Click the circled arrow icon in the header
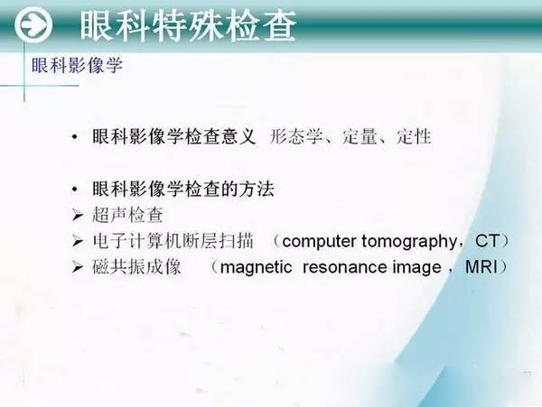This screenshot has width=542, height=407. click(x=33, y=25)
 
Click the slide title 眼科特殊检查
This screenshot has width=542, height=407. click(x=189, y=25)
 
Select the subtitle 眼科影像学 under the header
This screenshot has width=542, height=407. click(x=77, y=65)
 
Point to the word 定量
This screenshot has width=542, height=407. click(x=360, y=136)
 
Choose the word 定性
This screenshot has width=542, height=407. click(x=414, y=136)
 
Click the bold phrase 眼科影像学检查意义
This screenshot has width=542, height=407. click(x=173, y=136)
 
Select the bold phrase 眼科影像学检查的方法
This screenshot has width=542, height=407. click(x=183, y=190)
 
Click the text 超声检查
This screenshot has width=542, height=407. click(x=127, y=215)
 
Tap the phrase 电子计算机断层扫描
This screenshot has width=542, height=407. click(x=173, y=241)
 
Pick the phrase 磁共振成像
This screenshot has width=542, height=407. click(x=136, y=266)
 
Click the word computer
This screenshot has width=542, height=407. click(x=321, y=241)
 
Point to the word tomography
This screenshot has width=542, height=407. click(x=409, y=242)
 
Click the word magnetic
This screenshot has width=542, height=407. click(x=256, y=268)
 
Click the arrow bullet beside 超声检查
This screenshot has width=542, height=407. click(x=78, y=216)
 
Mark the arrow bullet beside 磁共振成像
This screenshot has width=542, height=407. click(x=78, y=267)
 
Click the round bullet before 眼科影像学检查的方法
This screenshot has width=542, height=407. click(x=75, y=190)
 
